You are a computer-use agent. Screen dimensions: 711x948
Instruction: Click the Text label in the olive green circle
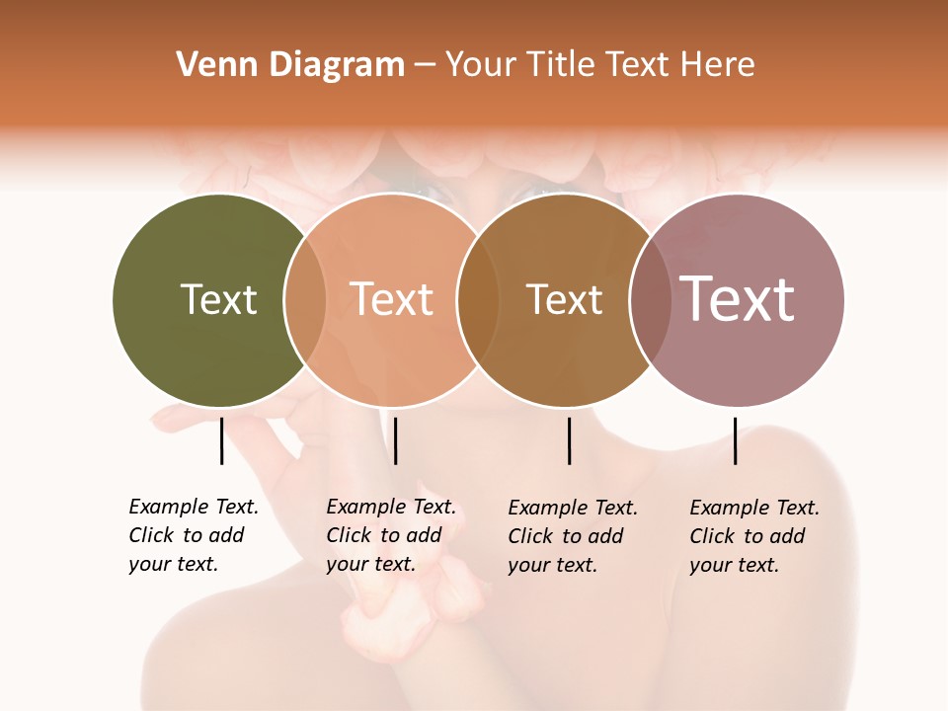218,299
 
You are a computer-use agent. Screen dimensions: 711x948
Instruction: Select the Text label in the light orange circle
392,299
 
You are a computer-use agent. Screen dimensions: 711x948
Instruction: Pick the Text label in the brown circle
564,299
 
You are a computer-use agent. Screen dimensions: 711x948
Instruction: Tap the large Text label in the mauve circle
738,299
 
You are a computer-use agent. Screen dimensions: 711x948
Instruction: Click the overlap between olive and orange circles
305,299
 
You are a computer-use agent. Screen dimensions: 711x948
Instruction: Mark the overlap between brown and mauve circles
651,299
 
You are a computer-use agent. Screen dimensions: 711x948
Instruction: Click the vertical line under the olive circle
221,440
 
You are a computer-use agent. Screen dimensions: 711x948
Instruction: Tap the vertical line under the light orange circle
395,440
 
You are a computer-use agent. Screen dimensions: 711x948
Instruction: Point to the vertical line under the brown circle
569,440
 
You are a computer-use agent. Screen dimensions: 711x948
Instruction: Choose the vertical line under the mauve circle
735,440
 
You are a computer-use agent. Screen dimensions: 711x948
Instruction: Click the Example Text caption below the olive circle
193,535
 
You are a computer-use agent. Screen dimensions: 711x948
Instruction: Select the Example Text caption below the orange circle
390,535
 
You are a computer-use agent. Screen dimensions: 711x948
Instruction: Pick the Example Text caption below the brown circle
572,536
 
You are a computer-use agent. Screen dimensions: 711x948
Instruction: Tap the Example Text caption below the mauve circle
753,536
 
